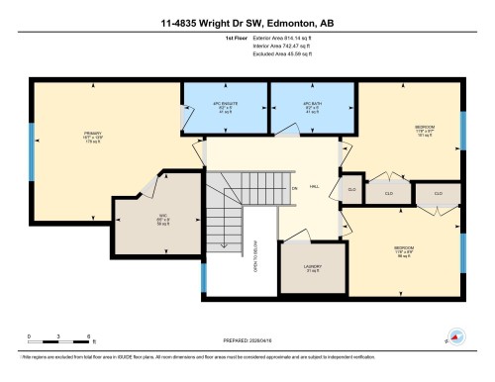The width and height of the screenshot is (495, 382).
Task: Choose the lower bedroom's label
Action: [x=404, y=249]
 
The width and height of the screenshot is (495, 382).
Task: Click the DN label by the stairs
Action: [x=294, y=188]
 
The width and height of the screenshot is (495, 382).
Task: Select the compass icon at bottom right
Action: [x=455, y=336]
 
